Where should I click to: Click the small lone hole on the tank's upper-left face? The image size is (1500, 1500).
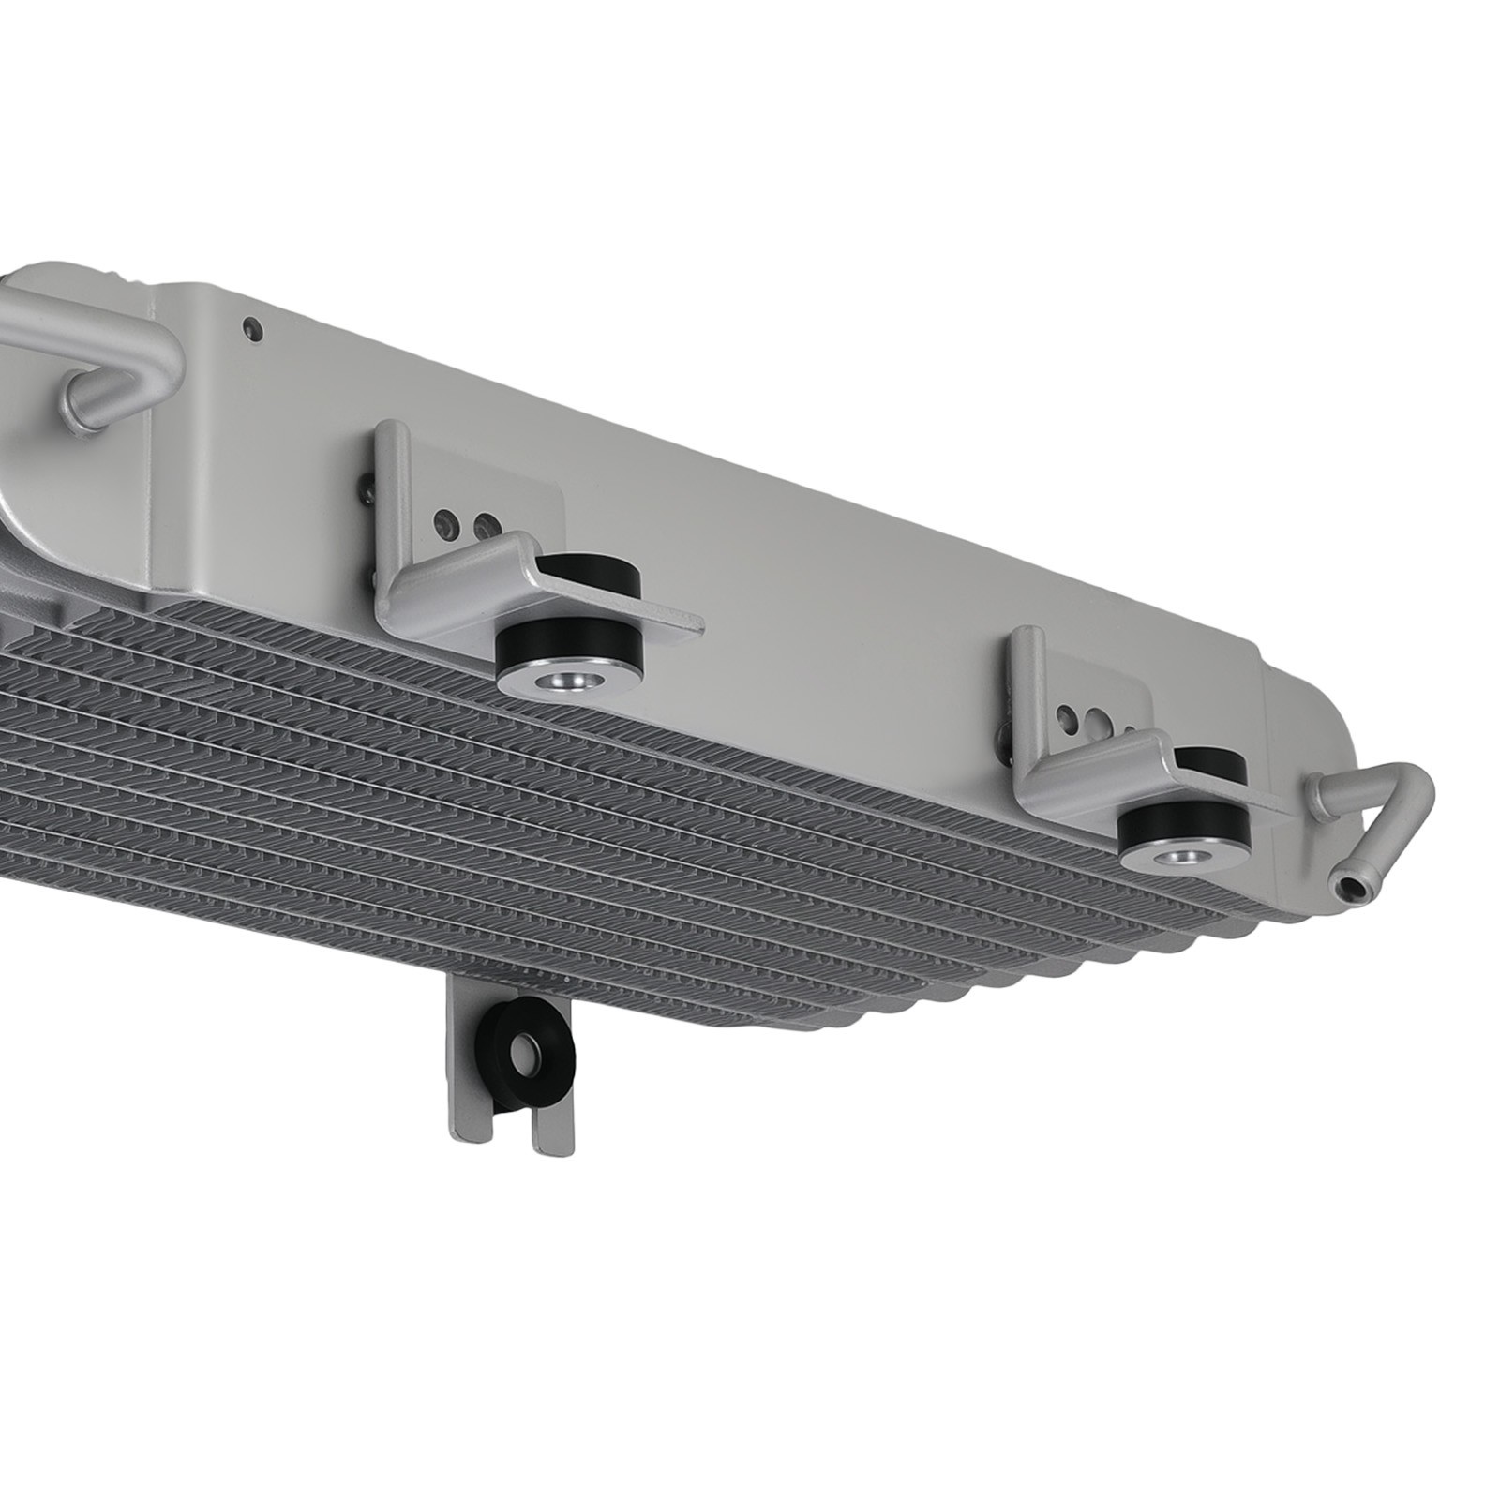(x=249, y=328)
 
